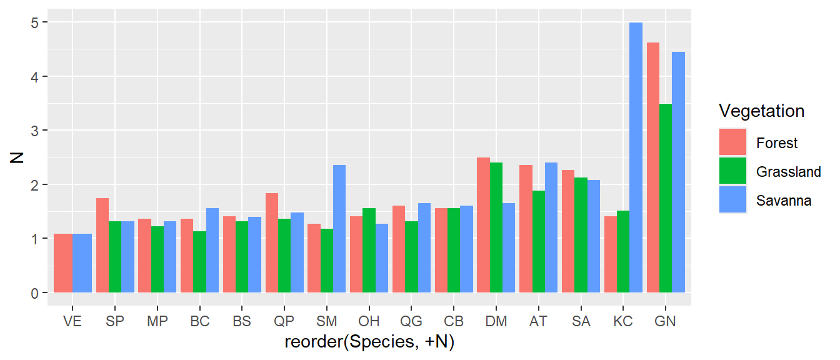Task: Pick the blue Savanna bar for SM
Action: pos(339,229)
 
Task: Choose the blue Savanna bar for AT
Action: pos(551,227)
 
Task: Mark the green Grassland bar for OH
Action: pos(369,251)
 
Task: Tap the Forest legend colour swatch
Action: pos(733,143)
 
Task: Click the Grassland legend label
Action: pos(788,172)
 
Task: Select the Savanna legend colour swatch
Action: pos(733,200)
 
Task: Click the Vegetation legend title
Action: pos(761,111)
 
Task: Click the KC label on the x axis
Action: pos(623,322)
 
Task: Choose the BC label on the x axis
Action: pos(199,322)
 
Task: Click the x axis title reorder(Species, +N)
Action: pos(369,342)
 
